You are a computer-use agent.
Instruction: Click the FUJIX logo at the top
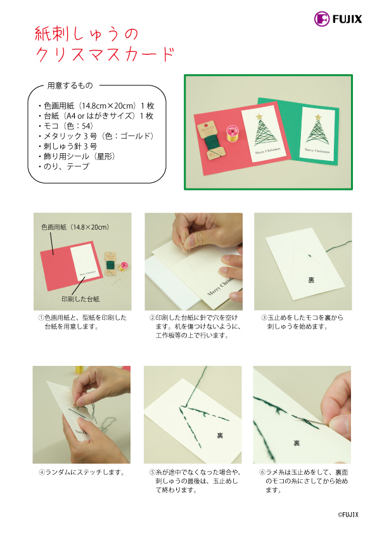point(338,19)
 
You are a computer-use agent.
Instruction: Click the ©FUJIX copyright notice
point(348,515)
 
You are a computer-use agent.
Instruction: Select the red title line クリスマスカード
point(105,54)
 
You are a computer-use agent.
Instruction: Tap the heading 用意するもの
point(70,85)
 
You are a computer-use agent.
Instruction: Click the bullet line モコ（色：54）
point(66,126)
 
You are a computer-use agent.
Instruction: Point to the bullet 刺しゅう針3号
point(68,146)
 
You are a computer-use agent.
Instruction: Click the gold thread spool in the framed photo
point(233,133)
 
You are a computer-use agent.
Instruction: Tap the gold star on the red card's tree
point(259,116)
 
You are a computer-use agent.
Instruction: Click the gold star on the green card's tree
point(318,117)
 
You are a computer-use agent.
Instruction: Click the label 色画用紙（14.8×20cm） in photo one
point(75,227)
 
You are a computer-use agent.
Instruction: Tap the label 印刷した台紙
point(80,299)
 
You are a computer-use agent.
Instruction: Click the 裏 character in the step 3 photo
point(311,280)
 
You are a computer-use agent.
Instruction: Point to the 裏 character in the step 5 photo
point(220,435)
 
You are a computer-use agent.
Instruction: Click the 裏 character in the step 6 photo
point(297,443)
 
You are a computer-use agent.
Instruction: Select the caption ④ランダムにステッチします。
point(82,472)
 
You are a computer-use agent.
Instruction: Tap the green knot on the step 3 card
point(309,255)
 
